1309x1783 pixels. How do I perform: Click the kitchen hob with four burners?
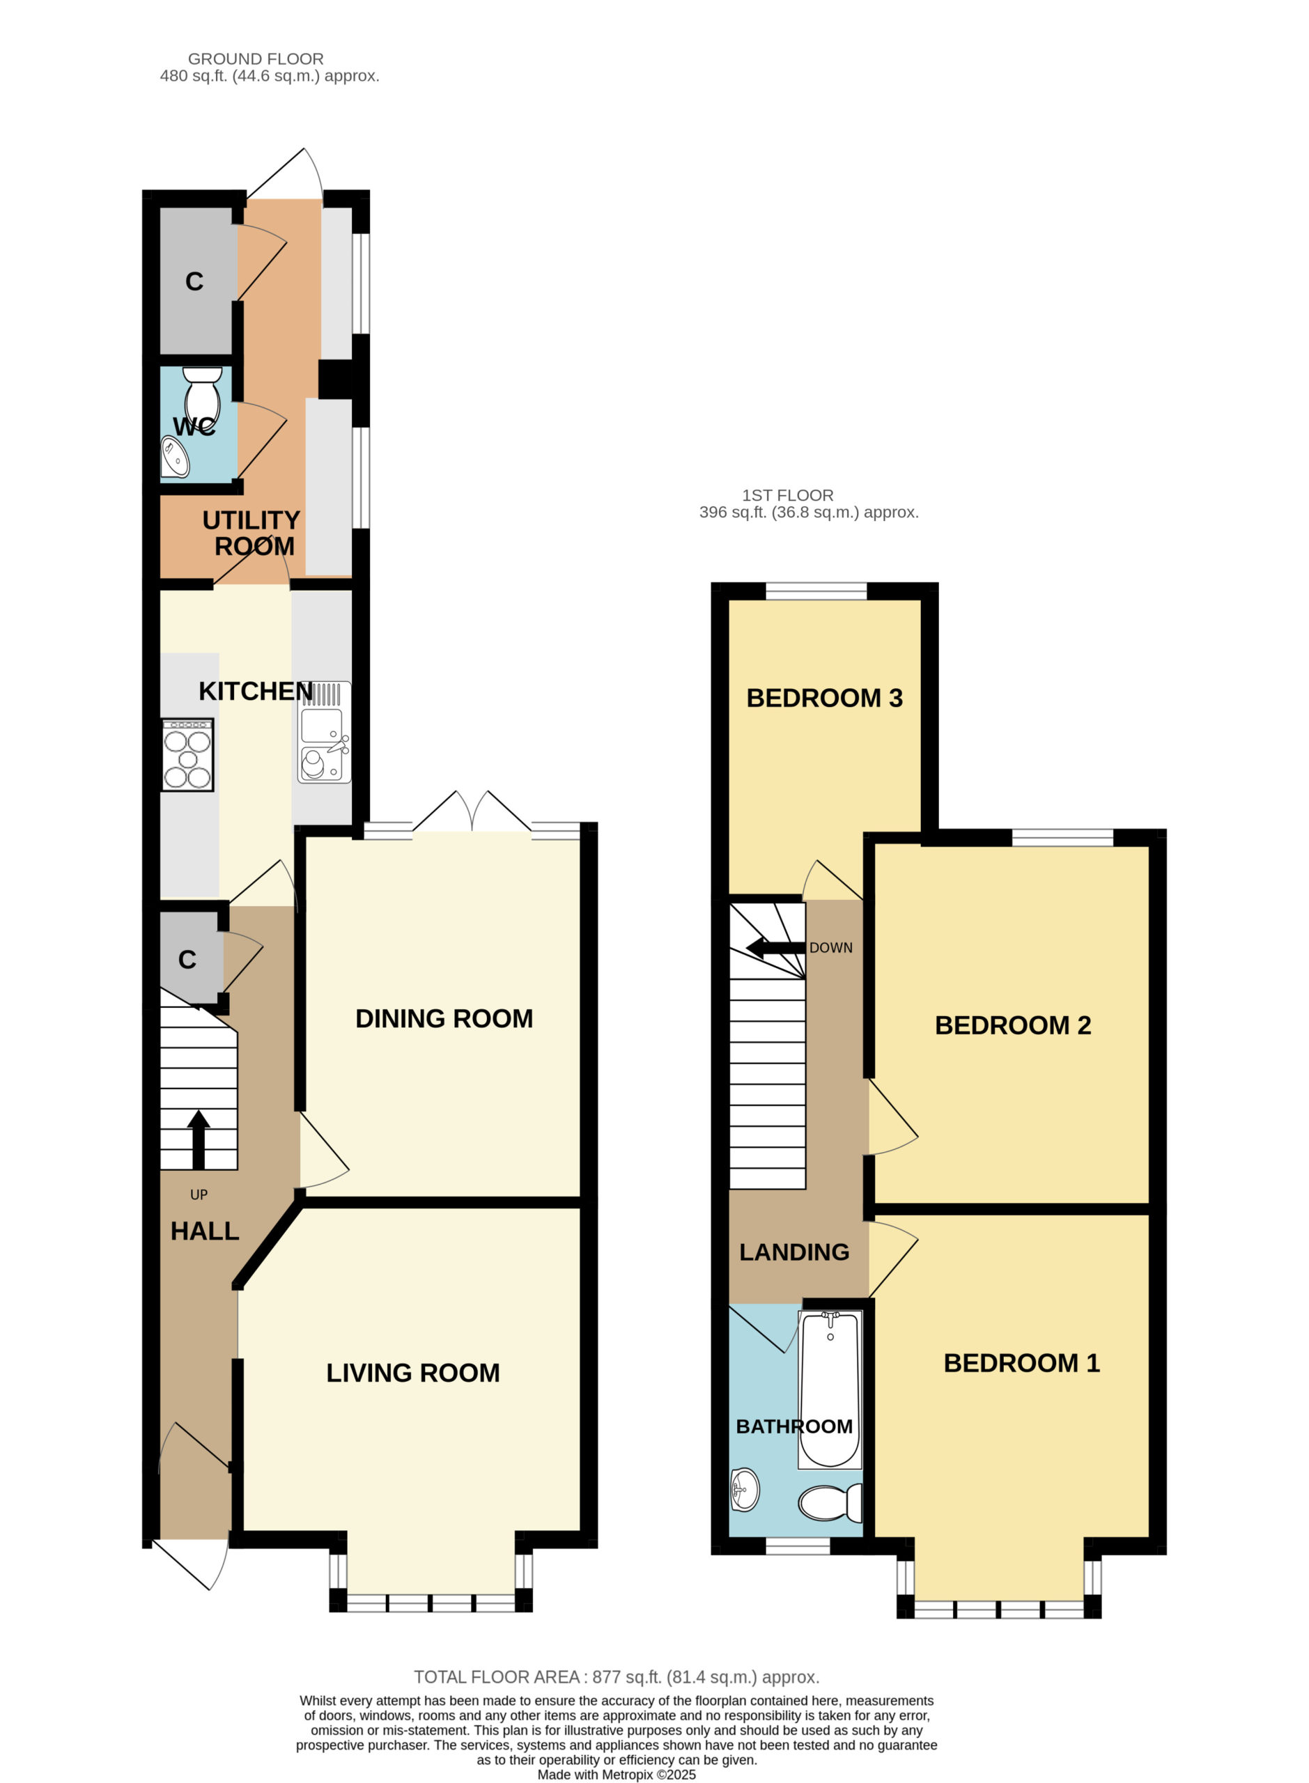point(188,755)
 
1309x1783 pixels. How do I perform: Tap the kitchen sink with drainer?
point(325,733)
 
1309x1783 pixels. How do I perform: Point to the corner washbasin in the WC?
point(175,457)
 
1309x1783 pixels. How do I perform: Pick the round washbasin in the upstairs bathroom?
point(744,1490)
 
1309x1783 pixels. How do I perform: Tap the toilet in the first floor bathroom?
point(830,1502)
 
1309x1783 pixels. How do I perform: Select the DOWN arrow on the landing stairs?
point(777,947)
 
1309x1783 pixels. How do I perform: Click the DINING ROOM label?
point(444,1019)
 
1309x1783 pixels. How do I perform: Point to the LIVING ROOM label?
point(413,1373)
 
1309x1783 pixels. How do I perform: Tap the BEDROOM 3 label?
point(824,698)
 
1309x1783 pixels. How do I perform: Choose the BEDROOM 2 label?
point(1013,1025)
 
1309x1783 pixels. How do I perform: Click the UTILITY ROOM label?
point(252,533)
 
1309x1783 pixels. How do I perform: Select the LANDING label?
point(794,1252)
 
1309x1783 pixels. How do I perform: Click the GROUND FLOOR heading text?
point(255,59)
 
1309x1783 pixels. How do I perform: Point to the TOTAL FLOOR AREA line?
point(617,1677)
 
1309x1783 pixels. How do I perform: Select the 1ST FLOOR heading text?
point(788,495)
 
